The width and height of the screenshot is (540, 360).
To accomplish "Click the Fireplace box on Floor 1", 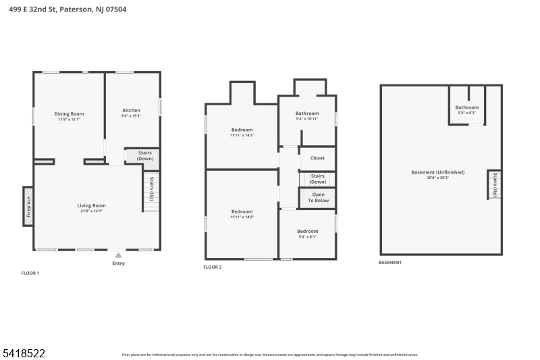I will [28, 206].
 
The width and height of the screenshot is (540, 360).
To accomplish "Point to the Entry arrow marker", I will [118, 255].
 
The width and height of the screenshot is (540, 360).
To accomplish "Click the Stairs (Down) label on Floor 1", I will [144, 155].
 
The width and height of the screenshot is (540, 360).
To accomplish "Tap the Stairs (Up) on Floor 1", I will [151, 188].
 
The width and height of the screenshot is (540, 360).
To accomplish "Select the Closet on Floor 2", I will [317, 158].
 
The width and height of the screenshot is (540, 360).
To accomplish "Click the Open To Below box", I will [318, 198].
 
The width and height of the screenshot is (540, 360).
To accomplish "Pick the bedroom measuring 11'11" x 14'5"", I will [242, 132].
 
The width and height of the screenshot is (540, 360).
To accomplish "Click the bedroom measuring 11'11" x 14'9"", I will [242, 214].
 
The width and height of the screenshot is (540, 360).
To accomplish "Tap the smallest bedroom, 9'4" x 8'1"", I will [307, 234].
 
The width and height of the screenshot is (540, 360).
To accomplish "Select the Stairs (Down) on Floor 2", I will [317, 179].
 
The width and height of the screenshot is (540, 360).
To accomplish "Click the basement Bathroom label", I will [466, 109].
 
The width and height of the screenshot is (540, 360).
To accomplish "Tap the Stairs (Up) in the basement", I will [495, 184].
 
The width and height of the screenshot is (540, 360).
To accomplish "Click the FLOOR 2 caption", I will [213, 267].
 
